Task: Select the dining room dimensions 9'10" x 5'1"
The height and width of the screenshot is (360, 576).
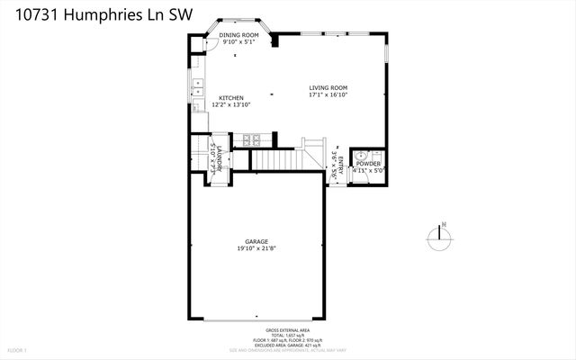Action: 238,42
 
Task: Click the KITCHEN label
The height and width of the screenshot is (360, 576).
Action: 230,97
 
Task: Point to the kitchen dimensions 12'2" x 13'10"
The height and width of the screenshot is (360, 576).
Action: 230,105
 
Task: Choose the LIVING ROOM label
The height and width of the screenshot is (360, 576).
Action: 328,86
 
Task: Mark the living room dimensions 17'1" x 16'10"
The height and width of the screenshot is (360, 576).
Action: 328,94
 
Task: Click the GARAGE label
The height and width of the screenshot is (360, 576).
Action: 257,242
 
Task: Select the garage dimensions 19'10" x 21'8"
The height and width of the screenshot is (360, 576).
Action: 257,249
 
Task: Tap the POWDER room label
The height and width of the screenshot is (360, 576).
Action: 368,163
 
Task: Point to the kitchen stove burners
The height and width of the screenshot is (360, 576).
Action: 249,140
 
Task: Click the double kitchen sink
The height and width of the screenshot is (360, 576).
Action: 197,88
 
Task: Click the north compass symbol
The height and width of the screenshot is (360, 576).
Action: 438,238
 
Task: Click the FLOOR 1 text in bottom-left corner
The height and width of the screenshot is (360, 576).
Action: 18,349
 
